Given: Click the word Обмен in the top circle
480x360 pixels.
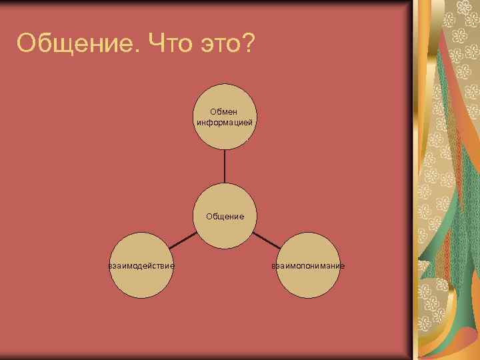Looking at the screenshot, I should (224, 112).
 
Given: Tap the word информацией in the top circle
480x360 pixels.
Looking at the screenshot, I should (224, 123).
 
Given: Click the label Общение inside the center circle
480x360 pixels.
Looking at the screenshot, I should (225, 217).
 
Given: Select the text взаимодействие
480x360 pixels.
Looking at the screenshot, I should (141, 266).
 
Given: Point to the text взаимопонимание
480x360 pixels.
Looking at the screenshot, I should (307, 266).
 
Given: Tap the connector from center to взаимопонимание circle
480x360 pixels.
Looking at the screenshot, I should (267, 241).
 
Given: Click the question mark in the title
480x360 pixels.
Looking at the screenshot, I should (248, 44).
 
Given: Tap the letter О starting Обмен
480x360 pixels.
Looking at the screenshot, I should (213, 112).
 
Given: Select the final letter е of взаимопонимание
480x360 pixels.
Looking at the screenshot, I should (342, 267).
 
